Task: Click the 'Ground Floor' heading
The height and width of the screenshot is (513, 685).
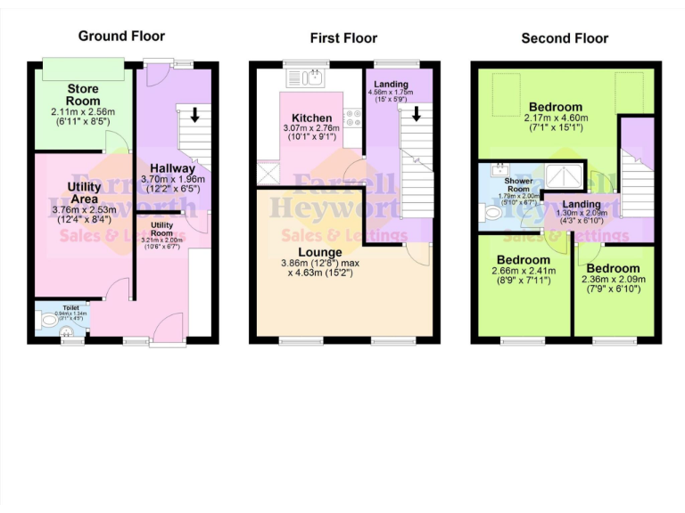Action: [x=121, y=36]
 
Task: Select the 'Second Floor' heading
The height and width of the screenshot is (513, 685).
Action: [x=565, y=37]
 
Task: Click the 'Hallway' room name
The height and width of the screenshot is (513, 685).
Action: [x=172, y=167]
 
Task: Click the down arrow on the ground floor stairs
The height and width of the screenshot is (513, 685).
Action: [x=194, y=114]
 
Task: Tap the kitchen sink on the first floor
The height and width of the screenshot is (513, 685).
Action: [x=314, y=77]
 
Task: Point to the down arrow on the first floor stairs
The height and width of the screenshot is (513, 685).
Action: [x=416, y=114]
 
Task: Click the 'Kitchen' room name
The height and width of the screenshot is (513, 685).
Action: [x=311, y=118]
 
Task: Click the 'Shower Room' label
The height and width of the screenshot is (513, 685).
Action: [x=519, y=185]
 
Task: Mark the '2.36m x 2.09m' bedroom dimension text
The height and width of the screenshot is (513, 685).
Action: [x=612, y=281]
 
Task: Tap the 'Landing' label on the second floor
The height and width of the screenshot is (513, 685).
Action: [x=581, y=204]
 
